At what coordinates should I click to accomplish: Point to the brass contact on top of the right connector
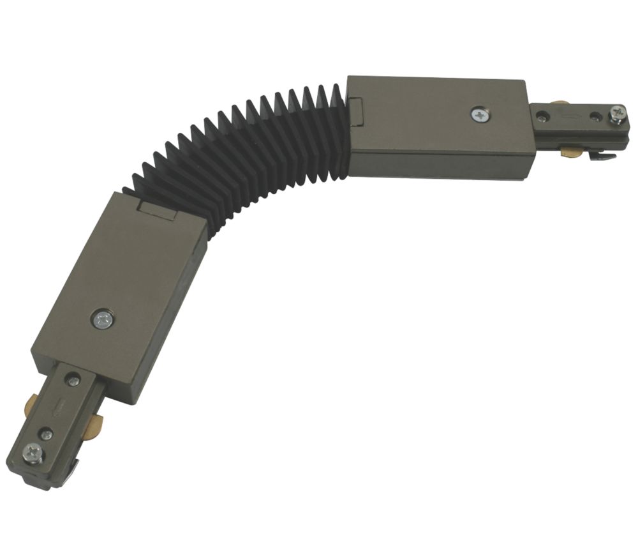[560, 105]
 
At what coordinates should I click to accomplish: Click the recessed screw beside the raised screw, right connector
[595, 116]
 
